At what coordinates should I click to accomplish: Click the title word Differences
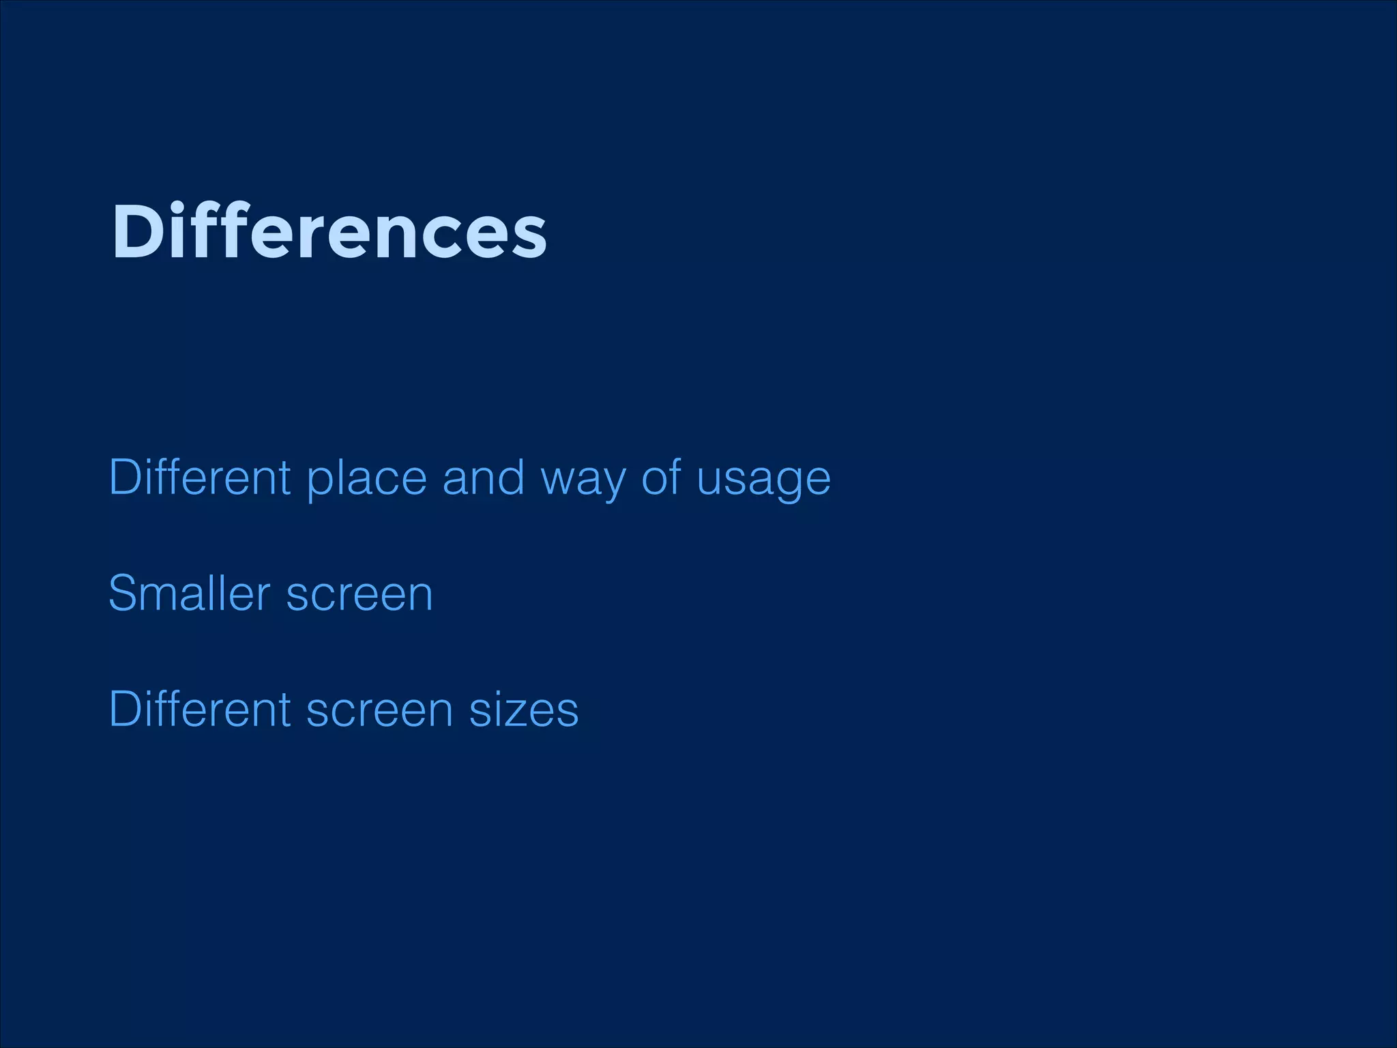pyautogui.click(x=329, y=232)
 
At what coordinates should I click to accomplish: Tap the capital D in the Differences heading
pyautogui.click(x=137, y=232)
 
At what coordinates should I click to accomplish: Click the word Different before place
pyautogui.click(x=200, y=477)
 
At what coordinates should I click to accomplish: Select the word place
pyautogui.click(x=366, y=480)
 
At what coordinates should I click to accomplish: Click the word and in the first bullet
pyautogui.click(x=483, y=477)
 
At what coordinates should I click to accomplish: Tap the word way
pyautogui.click(x=582, y=481)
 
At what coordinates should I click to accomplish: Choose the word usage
pyautogui.click(x=763, y=481)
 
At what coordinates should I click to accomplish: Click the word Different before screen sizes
pyautogui.click(x=200, y=709)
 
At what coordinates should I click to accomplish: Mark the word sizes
pyautogui.click(x=523, y=710)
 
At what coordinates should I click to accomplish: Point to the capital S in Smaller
pyautogui.click(x=123, y=593)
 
